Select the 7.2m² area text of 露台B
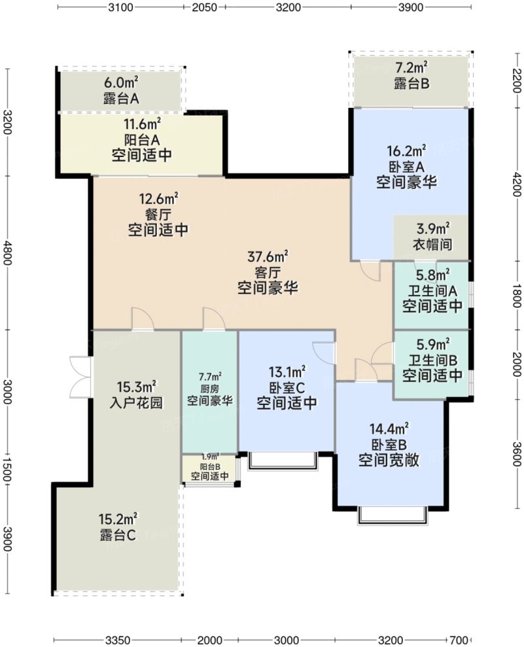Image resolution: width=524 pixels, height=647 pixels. point(411,67)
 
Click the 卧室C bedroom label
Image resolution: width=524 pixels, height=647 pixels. point(287,387)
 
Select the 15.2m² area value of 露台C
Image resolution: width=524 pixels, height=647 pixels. point(118,519)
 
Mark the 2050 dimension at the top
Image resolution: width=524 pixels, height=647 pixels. point(205,8)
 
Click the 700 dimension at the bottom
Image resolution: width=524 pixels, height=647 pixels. point(460,639)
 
